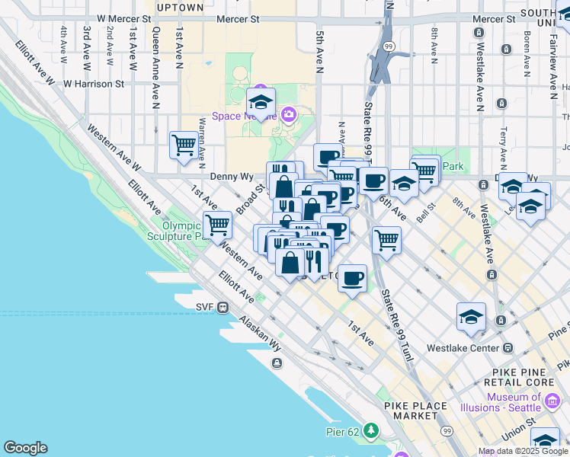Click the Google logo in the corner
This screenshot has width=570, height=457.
[25, 448]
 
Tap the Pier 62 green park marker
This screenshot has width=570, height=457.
[371, 432]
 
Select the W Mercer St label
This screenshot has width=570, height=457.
[124, 18]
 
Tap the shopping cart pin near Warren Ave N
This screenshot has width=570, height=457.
[184, 144]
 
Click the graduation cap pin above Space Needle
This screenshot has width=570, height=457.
[261, 101]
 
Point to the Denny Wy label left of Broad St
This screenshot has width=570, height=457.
[232, 176]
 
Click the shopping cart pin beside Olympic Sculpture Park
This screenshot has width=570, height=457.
[218, 225]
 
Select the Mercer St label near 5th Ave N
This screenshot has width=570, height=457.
[239, 18]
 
